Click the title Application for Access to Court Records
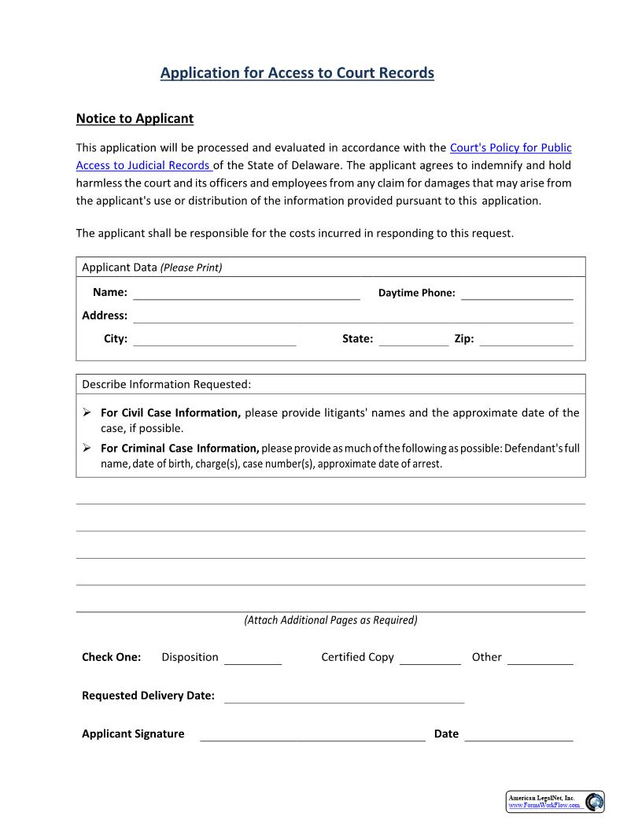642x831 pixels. click(x=297, y=72)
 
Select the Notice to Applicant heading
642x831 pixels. click(x=135, y=119)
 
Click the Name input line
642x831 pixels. click(x=246, y=294)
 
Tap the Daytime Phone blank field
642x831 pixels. click(x=517, y=294)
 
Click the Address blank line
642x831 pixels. click(x=352, y=316)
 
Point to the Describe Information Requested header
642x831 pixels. click(x=167, y=384)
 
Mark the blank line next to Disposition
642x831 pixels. click(x=253, y=659)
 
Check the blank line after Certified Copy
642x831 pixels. click(x=430, y=659)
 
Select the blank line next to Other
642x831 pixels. click(x=540, y=659)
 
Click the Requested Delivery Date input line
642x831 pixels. click(x=344, y=697)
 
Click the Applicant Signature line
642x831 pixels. click(x=312, y=735)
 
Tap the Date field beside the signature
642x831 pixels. click(x=518, y=735)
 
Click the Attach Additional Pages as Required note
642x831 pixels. click(x=330, y=620)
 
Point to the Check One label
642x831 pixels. click(x=112, y=657)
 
